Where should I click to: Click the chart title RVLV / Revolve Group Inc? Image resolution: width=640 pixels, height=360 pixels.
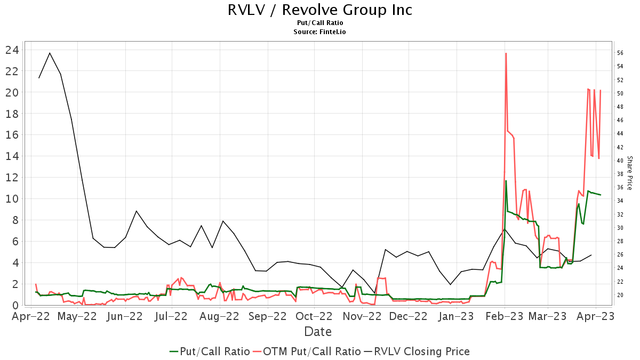(320, 10)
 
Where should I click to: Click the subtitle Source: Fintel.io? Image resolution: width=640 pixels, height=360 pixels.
(320, 32)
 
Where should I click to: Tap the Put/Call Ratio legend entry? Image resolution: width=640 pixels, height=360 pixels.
(210, 351)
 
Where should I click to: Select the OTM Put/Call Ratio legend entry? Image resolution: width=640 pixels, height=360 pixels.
(307, 351)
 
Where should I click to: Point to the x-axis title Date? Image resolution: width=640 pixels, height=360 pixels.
(318, 332)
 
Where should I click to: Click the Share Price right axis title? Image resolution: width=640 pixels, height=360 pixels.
(629, 173)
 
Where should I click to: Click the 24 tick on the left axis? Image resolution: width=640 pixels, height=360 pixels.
(12, 50)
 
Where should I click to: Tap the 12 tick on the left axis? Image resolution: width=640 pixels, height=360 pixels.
(12, 178)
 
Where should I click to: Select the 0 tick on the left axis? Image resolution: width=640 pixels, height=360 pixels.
(15, 306)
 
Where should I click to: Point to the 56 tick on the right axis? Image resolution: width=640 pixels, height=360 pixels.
(620, 53)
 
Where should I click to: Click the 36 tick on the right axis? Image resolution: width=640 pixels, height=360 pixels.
(620, 187)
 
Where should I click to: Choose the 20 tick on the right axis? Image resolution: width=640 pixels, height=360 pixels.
(620, 295)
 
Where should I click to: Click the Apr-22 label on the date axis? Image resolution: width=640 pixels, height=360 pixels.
(31, 316)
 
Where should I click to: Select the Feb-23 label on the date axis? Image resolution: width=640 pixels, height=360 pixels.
(504, 316)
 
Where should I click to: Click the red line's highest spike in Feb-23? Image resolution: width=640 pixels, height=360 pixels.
(506, 53)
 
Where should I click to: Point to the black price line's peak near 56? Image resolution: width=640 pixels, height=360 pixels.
(50, 53)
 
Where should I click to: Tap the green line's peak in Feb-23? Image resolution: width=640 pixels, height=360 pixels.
(506, 181)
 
